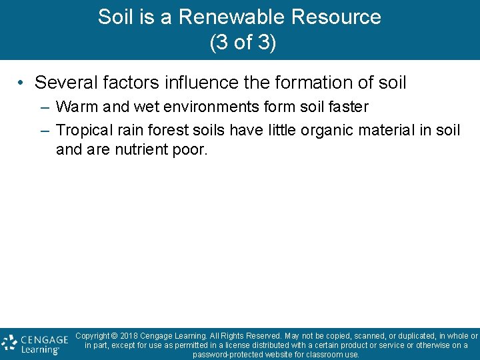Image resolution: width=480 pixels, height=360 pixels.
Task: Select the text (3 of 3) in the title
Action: point(243,43)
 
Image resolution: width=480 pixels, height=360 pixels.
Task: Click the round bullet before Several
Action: point(22,83)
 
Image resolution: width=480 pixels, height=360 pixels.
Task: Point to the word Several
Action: point(63,83)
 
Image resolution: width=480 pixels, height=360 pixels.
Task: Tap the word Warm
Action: point(77,107)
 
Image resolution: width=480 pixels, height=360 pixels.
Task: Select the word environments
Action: point(200,107)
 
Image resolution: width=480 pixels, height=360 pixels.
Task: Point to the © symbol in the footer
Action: point(114,336)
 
